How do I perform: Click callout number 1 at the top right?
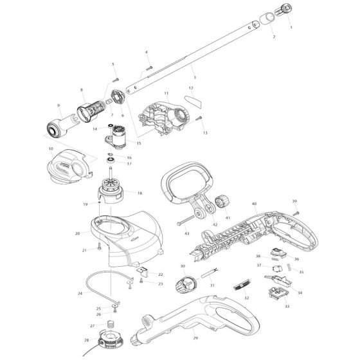[x=291, y=28]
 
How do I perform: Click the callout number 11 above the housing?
[x=166, y=94]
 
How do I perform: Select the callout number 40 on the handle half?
[x=255, y=204]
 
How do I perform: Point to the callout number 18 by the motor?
[x=139, y=193]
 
